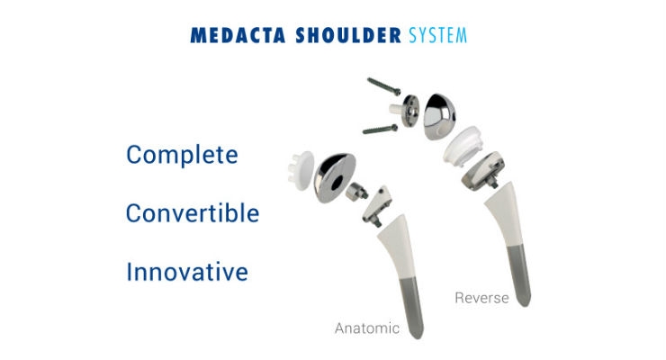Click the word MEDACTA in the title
238,35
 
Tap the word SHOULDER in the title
348,35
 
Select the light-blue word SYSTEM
438,35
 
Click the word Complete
182,155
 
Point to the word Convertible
193,212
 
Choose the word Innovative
187,272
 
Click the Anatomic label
367,328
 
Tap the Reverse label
481,298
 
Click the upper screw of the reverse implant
384,86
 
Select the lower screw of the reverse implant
380,129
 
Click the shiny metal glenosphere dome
439,116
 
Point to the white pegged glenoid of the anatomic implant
301,170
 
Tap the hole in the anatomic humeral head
337,183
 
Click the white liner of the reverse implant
463,147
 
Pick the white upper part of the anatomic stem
396,247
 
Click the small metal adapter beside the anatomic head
356,192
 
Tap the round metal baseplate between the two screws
409,111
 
